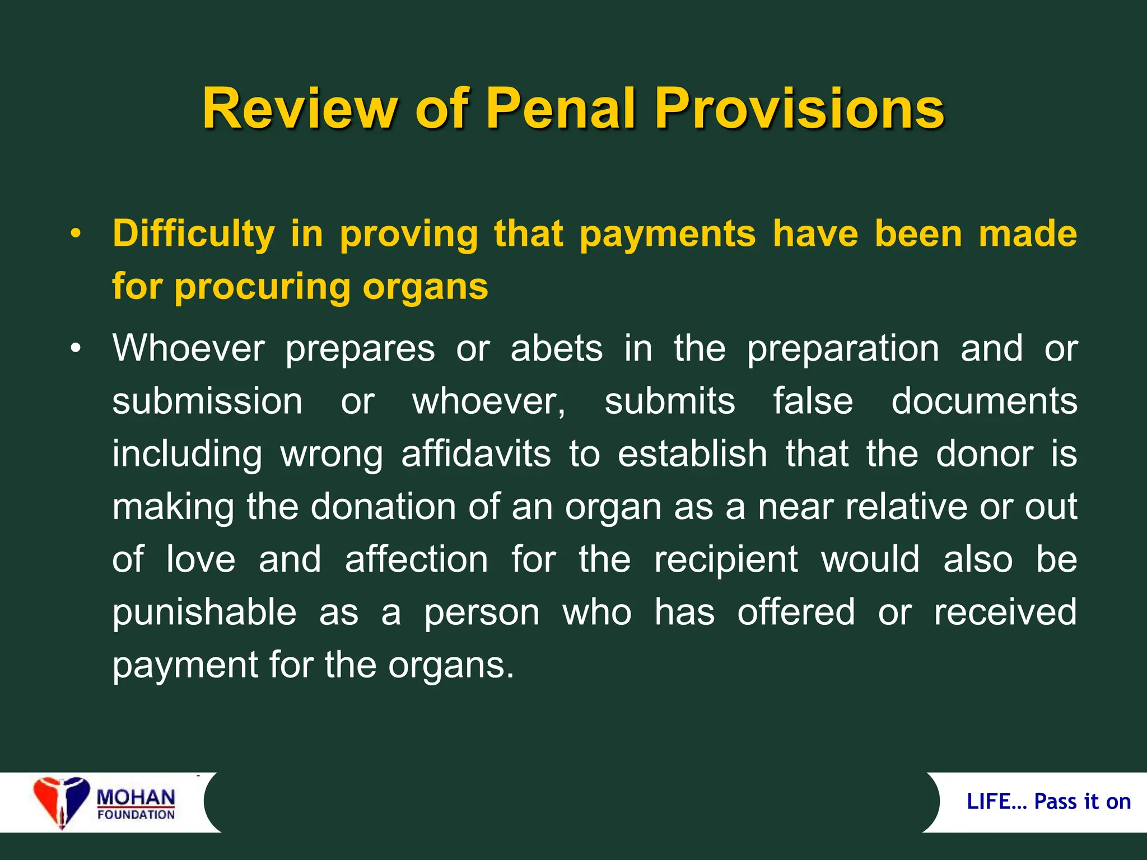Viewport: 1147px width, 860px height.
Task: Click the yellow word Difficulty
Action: pyautogui.click(x=194, y=234)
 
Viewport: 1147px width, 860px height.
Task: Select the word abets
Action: pyautogui.click(x=557, y=348)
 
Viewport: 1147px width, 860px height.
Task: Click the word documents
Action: pyautogui.click(x=984, y=401)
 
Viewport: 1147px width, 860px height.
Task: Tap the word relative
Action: pyautogui.click(x=906, y=507)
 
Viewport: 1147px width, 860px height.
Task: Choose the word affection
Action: pyautogui.click(x=417, y=559)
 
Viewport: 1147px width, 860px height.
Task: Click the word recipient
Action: pyautogui.click(x=726, y=559)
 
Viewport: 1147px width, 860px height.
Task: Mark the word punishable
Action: pyautogui.click(x=204, y=613)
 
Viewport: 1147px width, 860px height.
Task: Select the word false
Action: pyautogui.click(x=813, y=401)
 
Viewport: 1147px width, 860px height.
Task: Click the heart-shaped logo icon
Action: pyautogui.click(x=60, y=801)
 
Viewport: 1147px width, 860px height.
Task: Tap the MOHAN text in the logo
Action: pyautogui.click(x=136, y=797)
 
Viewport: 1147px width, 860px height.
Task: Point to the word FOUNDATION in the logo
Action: pyautogui.click(x=136, y=815)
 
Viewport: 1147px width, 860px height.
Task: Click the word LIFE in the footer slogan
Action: pyautogui.click(x=989, y=802)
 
